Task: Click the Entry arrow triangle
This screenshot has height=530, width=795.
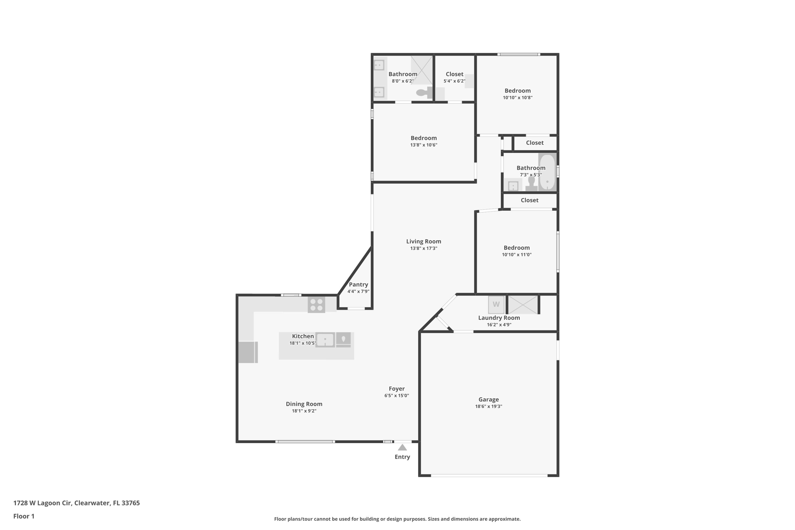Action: pos(402,447)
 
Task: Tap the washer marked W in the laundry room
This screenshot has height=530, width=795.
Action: pos(496,304)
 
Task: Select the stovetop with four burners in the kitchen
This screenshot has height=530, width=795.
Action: pos(316,305)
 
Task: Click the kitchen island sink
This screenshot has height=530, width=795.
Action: pos(325,340)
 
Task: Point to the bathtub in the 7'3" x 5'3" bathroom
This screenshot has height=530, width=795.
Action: pos(547,172)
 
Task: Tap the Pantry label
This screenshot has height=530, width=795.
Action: pos(358,285)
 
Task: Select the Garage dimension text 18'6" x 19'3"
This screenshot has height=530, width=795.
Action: pos(489,407)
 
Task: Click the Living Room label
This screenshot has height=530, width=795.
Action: pos(424,242)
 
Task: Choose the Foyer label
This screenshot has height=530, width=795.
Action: pos(397,389)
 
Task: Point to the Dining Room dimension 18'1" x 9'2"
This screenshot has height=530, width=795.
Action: pos(304,411)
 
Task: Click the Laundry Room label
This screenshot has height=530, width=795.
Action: pos(499,318)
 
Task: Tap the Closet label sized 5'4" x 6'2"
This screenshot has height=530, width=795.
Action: pos(455,74)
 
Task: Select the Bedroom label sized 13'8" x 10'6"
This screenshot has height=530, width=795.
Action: pos(424,138)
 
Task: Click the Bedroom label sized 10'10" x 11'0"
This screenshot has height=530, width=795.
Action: pos(517,248)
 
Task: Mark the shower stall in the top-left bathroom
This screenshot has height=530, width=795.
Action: pos(422,70)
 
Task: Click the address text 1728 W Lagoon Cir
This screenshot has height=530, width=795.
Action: pos(42,503)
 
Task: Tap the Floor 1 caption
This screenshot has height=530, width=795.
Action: pos(24,516)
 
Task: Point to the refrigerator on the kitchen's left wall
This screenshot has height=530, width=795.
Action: pos(248,352)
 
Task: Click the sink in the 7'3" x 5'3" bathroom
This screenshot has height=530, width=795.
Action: pos(513,186)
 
